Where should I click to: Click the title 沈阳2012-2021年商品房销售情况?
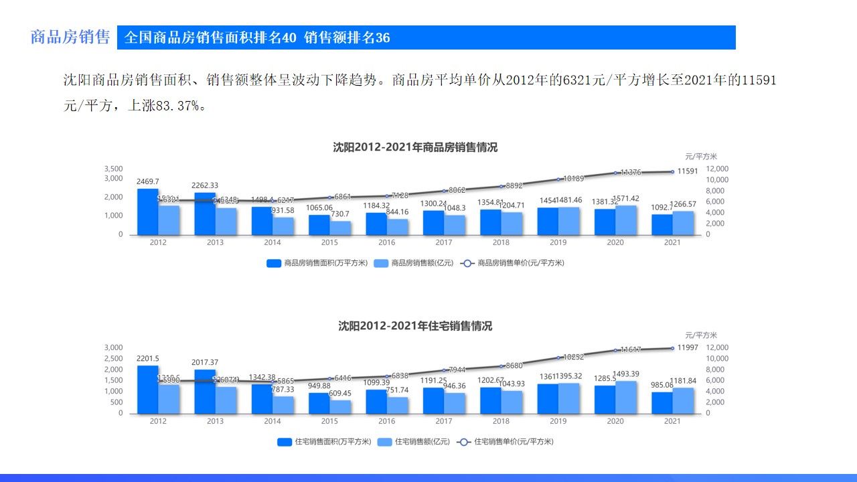click(x=415, y=148)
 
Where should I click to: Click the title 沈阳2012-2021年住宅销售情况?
click(x=415, y=327)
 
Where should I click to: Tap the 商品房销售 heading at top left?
click(x=70, y=37)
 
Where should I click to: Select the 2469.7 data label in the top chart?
click(x=148, y=181)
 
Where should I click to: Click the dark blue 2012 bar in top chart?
click(x=148, y=212)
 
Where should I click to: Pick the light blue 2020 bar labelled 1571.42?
click(x=626, y=220)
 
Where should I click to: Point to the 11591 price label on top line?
click(x=688, y=171)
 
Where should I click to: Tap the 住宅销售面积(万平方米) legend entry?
click(x=322, y=442)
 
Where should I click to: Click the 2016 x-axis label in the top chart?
click(x=386, y=242)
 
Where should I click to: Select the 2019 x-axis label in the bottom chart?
click(x=558, y=421)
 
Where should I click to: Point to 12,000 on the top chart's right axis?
click(x=718, y=169)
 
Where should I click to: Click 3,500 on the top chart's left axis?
click(x=113, y=169)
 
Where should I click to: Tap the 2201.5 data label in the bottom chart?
click(x=148, y=359)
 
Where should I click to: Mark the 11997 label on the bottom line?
click(x=688, y=347)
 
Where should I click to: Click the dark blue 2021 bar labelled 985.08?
click(x=661, y=402)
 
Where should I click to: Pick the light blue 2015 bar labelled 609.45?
click(x=340, y=406)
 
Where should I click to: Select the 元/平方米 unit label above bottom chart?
click(x=701, y=335)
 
